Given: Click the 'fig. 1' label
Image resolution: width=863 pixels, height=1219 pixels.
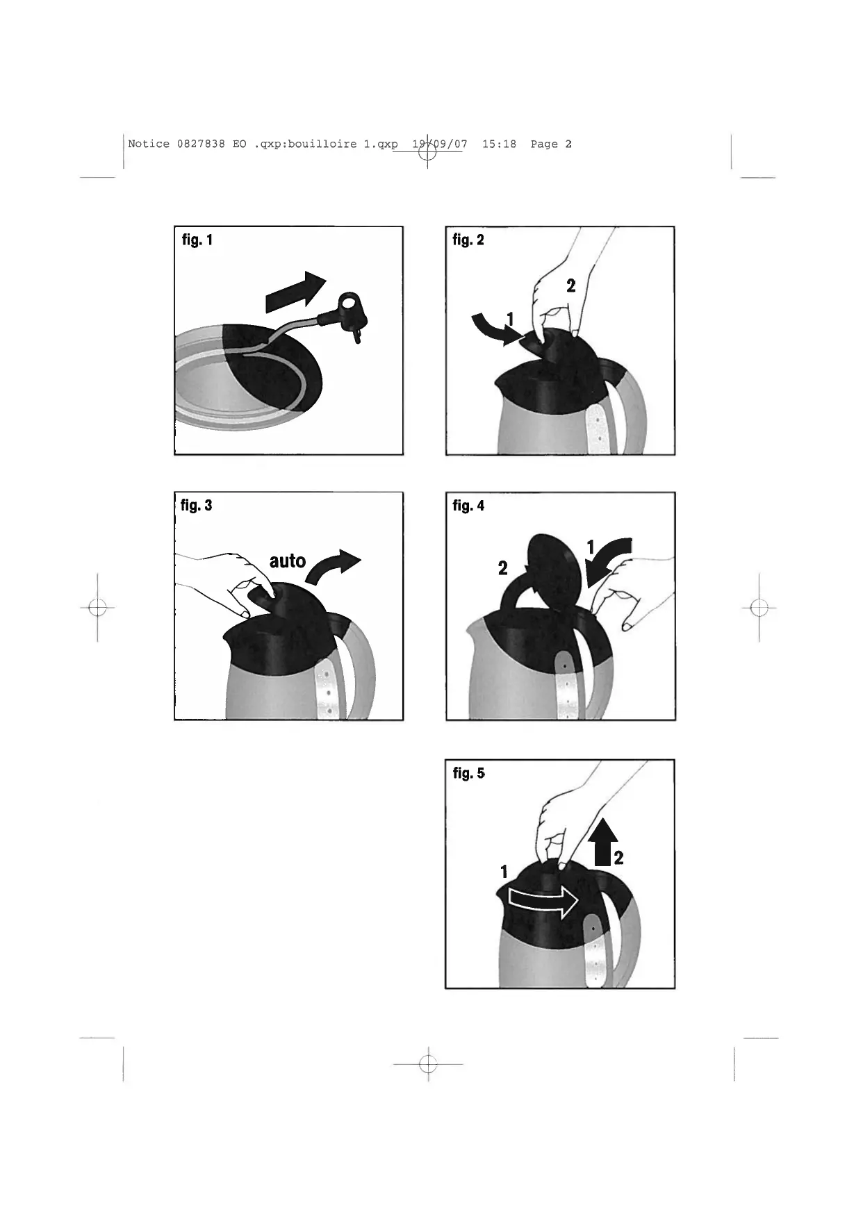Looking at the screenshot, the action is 197,240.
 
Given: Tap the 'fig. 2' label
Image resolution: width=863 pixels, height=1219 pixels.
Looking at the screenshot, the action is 468,240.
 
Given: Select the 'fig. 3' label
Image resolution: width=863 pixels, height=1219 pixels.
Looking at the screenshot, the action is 196,506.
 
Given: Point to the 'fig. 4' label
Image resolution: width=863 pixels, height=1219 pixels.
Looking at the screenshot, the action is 468,506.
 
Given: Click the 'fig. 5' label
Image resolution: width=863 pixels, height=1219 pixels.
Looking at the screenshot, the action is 469,773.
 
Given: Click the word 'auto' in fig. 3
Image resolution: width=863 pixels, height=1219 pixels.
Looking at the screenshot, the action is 288,561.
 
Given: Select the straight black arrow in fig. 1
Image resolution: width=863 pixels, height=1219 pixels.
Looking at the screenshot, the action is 296,292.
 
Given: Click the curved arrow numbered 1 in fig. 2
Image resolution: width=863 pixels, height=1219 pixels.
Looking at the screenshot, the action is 495,329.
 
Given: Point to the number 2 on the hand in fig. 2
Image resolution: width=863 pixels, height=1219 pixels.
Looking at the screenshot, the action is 571,285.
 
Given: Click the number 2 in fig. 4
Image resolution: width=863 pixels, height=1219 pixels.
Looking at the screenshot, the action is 503,568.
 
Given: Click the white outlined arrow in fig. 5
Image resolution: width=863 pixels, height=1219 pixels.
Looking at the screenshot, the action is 543,902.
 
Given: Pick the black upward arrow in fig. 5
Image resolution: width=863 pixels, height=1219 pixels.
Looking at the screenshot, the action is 604,840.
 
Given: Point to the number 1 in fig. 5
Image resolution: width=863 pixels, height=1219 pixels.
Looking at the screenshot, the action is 504,872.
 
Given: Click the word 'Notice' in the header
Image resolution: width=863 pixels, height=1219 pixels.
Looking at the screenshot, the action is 149,144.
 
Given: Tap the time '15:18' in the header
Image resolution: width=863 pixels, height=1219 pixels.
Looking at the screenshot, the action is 499,144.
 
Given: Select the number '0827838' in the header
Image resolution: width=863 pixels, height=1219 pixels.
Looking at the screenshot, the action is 201,144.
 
